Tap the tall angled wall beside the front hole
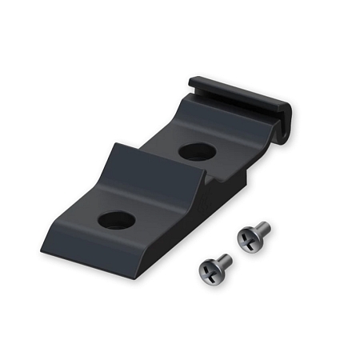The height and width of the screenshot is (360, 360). pyautogui.click(x=104, y=180)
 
